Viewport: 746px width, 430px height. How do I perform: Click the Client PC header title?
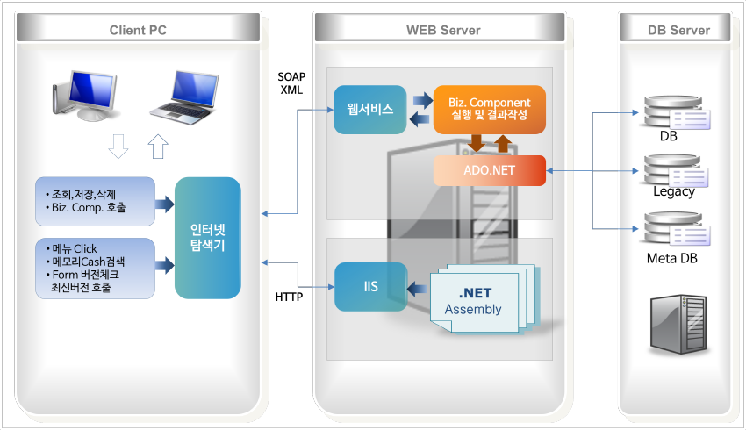[x=138, y=31]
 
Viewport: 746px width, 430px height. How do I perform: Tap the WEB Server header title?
[x=443, y=31]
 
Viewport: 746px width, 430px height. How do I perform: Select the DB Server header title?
[x=679, y=31]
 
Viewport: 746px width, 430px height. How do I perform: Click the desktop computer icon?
[x=84, y=96]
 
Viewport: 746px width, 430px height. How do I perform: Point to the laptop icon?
[x=184, y=97]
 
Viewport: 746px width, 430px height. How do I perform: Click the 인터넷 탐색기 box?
[x=208, y=238]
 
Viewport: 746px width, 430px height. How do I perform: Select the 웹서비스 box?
[x=370, y=110]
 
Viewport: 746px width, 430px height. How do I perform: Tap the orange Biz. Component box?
[x=490, y=110]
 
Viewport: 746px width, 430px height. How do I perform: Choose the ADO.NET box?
[x=490, y=170]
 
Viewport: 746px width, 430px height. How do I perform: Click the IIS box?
[x=371, y=287]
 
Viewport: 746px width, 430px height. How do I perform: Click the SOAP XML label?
[x=291, y=83]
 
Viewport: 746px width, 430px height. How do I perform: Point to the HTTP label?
[x=289, y=297]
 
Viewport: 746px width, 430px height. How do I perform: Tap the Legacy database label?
[x=674, y=191]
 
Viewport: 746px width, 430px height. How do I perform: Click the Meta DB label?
[x=671, y=258]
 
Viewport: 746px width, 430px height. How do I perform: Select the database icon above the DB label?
[x=675, y=112]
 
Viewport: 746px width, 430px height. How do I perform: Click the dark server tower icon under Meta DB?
[x=679, y=324]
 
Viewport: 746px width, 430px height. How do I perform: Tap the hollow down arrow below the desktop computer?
[x=118, y=146]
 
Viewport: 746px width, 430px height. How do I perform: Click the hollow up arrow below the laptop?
[x=158, y=146]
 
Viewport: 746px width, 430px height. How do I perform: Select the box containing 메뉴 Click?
[x=95, y=269]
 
